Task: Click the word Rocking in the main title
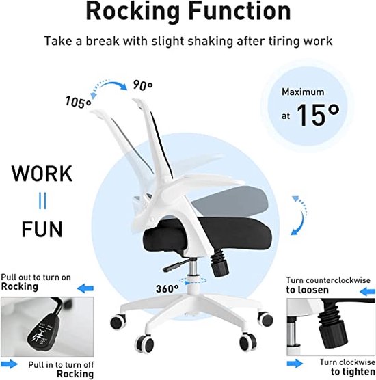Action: pos(133,12)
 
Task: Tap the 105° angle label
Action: pos(78,102)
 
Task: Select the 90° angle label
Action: pos(143,85)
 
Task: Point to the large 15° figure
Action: pos(318,116)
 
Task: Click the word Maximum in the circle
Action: pos(303,92)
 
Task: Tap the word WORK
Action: pos(42,174)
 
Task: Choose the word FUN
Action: pos(42,229)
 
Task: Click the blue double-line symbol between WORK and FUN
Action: pos(42,201)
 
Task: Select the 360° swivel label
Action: pos(167,289)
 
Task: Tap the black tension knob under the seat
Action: pos(219,264)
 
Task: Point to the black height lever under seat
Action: pos(175,265)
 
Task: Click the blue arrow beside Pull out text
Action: pos(85,288)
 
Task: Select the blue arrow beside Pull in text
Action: pos(9,364)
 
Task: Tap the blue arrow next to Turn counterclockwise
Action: pos(368,291)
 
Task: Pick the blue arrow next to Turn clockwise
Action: pos(295,364)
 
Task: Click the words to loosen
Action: pos(308,290)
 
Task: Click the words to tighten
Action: pos(353,372)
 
